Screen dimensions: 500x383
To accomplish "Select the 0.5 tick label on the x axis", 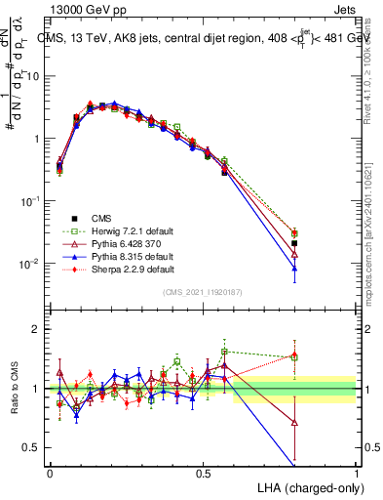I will (x=203, y=473).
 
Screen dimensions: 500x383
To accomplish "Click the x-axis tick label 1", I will (x=358, y=473).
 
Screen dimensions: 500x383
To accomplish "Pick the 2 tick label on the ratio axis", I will (x=37, y=329).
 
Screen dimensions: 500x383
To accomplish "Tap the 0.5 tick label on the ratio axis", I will (x=33, y=447).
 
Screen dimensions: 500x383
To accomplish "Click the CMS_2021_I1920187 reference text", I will (x=202, y=293).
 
